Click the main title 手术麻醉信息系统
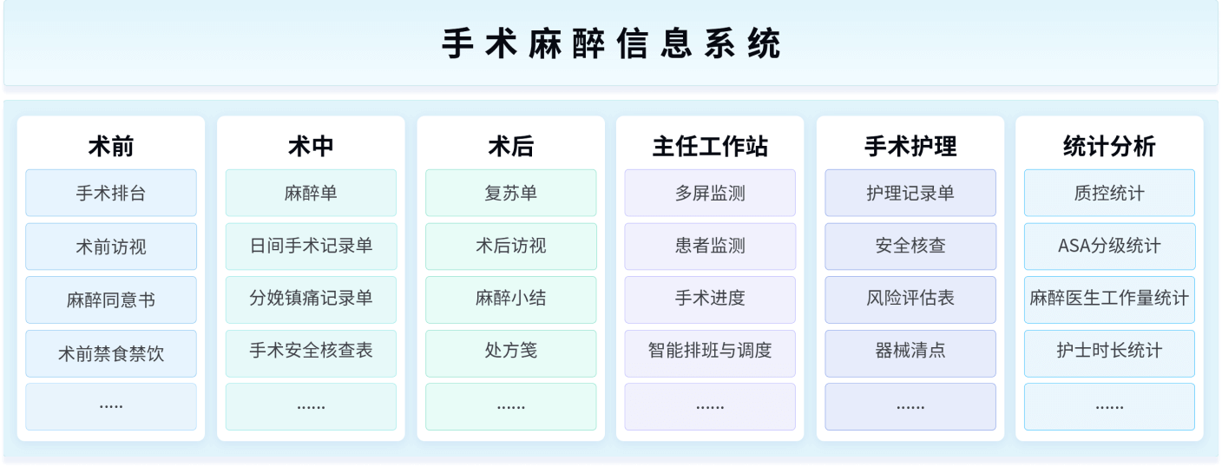(x=611, y=44)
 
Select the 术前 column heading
(x=111, y=146)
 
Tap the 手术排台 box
(x=111, y=193)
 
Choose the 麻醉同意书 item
(x=111, y=300)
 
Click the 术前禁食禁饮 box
(x=111, y=353)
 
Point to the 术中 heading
(x=311, y=146)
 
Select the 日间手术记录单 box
(x=311, y=246)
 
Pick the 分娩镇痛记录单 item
(x=311, y=299)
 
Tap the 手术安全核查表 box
(x=311, y=351)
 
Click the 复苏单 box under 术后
(x=510, y=193)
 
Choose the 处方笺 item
(x=510, y=351)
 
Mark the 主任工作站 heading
(x=710, y=146)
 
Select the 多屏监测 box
(x=710, y=193)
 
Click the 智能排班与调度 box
(x=710, y=351)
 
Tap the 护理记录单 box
(x=910, y=193)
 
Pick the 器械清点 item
(x=910, y=351)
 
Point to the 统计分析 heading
(x=1109, y=146)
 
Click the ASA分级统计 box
(x=1109, y=246)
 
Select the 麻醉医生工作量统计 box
(x=1109, y=299)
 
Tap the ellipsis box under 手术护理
(x=910, y=406)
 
